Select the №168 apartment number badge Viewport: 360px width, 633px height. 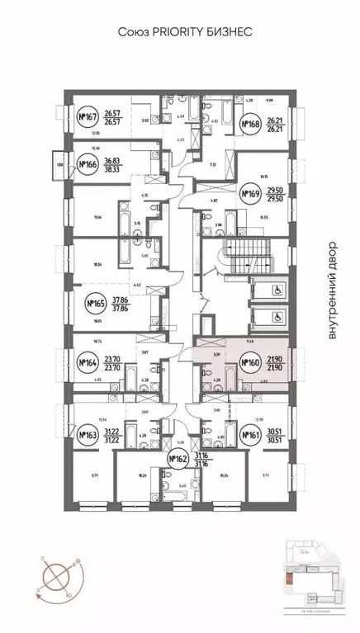(251, 125)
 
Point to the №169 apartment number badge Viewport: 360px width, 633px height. (250, 195)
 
